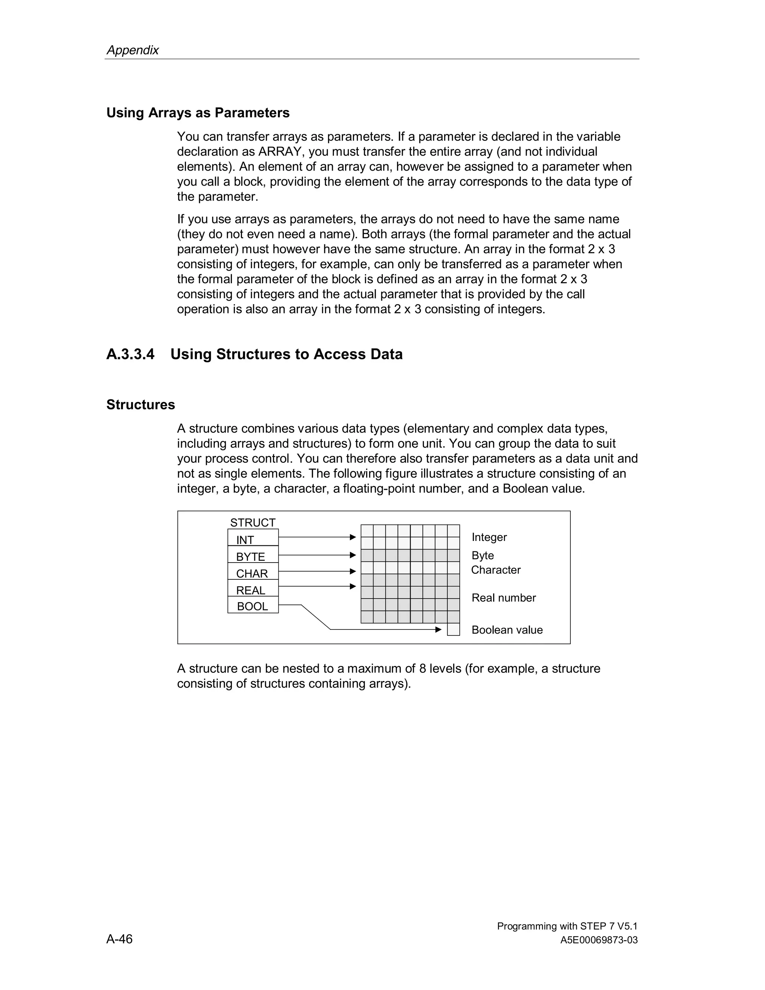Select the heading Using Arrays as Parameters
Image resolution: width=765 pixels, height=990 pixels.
198,112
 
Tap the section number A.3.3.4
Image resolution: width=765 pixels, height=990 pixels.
130,354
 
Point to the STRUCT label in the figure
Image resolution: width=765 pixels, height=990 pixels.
253,522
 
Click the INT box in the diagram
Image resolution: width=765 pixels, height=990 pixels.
253,538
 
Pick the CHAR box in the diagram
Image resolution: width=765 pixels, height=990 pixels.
253,572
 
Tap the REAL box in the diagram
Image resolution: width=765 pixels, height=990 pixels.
253,589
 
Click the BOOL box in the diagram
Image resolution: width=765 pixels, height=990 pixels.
253,606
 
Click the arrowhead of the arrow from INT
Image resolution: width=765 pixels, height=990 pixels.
353,537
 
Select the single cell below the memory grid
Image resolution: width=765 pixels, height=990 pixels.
453,629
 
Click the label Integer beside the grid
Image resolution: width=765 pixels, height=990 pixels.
489,537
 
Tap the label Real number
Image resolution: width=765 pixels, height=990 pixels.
504,598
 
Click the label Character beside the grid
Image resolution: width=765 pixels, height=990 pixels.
496,570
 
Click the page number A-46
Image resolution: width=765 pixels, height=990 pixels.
120,939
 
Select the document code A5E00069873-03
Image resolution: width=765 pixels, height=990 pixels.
599,940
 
